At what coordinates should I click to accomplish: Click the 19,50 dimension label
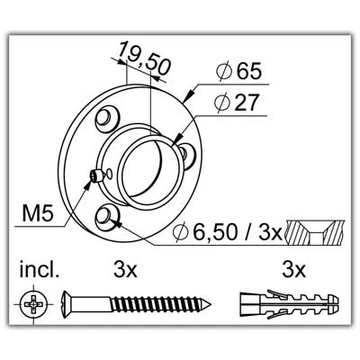point(144,58)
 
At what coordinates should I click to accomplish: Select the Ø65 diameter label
point(239,71)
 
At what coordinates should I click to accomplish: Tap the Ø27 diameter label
point(237,103)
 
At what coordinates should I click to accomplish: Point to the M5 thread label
point(38,213)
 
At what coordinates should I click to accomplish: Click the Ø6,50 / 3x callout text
point(228,232)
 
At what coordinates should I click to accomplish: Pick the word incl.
point(39,270)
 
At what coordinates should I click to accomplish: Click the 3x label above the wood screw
point(125,270)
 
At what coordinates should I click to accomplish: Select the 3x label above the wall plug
point(294,270)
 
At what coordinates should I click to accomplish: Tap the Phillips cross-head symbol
point(33,303)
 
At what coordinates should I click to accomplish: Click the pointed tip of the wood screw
point(211,304)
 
